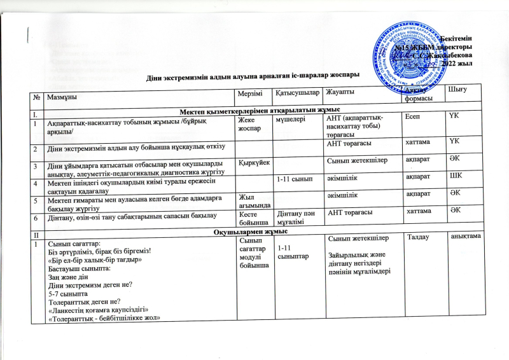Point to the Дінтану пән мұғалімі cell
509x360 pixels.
[297, 221]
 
